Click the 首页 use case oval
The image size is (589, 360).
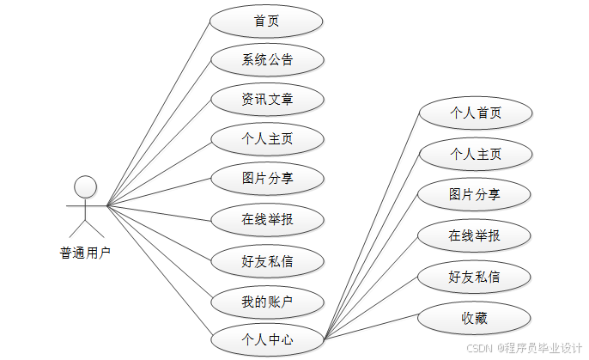[267, 21]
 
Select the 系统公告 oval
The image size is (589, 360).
[267, 60]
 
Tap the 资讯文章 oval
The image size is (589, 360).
[267, 100]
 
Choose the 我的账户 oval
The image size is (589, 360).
[267, 302]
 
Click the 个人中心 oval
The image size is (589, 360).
[267, 340]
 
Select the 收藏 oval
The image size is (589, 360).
[475, 318]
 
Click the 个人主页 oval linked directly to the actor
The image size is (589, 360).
[267, 139]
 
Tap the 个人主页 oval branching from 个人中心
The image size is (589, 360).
[475, 155]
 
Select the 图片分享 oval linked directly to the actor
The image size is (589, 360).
[267, 179]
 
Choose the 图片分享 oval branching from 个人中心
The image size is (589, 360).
[475, 194]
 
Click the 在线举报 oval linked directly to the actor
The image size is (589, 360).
[267, 219]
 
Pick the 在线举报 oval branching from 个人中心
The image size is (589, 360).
[475, 235]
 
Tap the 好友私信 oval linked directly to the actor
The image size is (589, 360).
[267, 259]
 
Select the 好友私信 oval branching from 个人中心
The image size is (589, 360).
[475, 277]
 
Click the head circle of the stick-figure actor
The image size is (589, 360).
[85, 186]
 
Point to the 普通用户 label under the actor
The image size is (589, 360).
[85, 253]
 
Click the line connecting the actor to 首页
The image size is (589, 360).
[159, 112]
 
